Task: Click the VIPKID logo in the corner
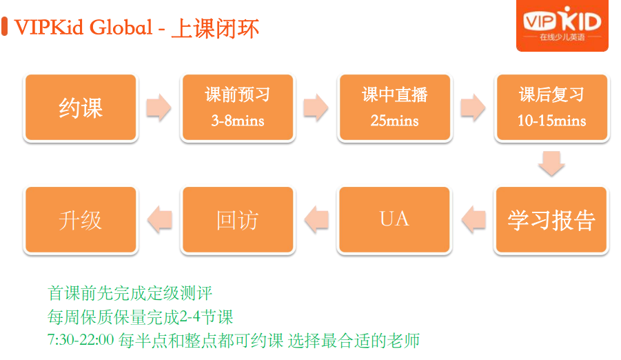point(562,25)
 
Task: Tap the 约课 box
point(81,108)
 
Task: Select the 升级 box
point(81,220)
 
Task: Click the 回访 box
point(238,220)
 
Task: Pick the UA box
point(394,220)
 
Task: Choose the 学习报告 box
point(551,220)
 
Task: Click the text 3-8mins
point(238,121)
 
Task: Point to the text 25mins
point(394,121)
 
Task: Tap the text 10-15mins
point(551,121)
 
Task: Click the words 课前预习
point(238,94)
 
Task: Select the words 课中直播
point(395,94)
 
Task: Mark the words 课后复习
point(551,94)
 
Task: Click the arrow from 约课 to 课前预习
point(159,108)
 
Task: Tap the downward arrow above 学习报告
point(551,163)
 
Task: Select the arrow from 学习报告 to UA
point(474,219)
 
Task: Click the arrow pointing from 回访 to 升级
point(160,219)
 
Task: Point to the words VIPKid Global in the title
point(83,28)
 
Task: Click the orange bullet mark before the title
point(5,26)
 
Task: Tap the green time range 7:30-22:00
point(81,340)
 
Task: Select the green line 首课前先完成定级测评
point(130,293)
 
